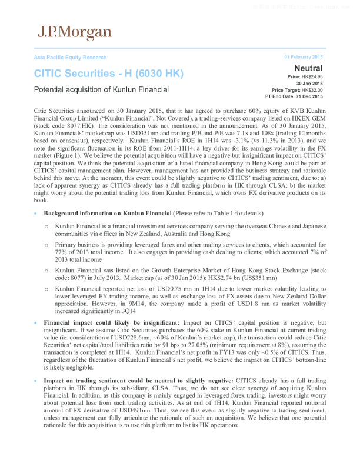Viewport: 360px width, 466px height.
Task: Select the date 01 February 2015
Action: [304, 57]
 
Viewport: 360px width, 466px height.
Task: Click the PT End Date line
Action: [294, 96]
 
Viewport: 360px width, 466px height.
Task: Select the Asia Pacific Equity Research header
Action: [70, 58]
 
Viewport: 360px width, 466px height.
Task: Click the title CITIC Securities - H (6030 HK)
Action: [109, 74]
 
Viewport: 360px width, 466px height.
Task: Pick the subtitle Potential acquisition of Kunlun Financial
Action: [101, 90]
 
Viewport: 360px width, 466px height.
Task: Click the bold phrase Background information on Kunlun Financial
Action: [108, 212]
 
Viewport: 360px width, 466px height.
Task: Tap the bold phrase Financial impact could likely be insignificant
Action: [106, 323]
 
